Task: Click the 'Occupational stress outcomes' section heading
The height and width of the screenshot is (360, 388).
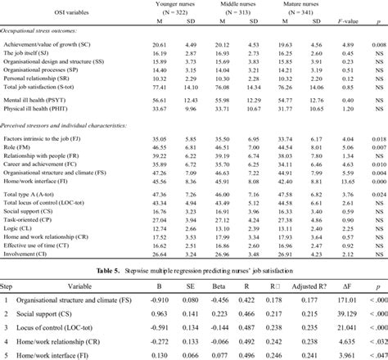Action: point(46,29)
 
